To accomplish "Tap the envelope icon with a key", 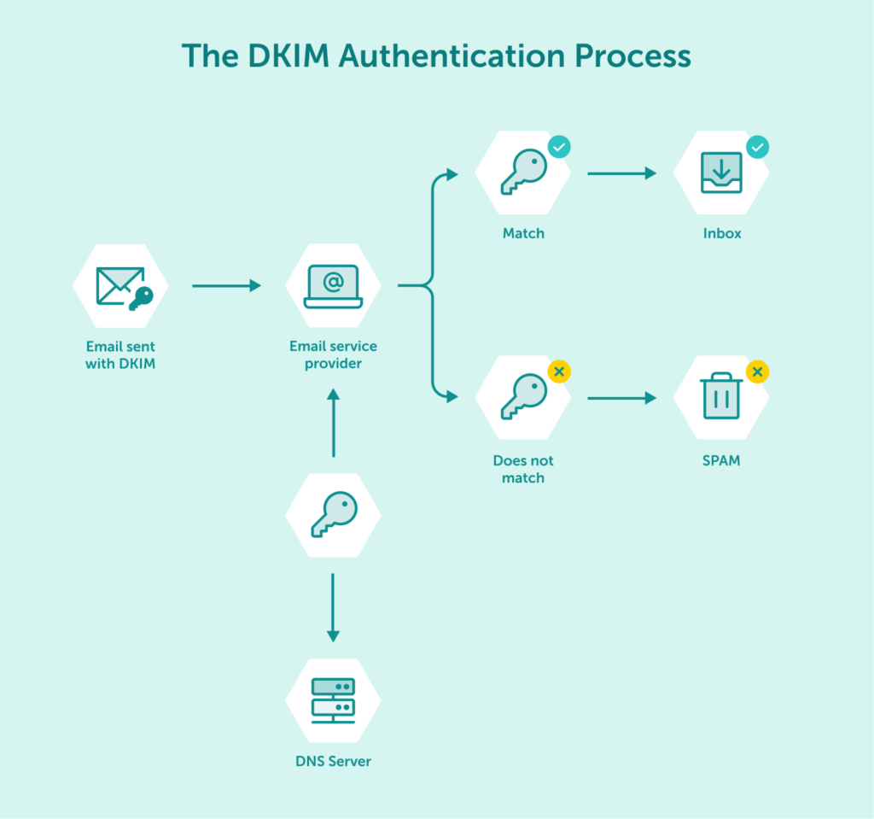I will point(120,286).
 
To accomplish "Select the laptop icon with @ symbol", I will point(333,286).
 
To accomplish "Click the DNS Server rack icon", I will point(333,699).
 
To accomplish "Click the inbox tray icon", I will point(721,172).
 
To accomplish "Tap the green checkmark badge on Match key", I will point(559,147).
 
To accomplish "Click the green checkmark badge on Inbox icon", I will point(757,147).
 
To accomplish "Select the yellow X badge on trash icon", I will point(757,371).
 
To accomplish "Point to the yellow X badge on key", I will point(559,371).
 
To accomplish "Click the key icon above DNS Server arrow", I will point(333,515).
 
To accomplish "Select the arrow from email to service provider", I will point(226,286).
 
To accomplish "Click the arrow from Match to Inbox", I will point(621,173).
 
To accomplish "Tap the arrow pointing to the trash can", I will point(621,398).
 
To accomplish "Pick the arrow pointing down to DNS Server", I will point(333,607).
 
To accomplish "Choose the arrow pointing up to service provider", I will point(333,423).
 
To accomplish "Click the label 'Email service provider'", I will point(333,354).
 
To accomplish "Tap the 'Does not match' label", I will point(523,469).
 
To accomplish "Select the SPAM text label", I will point(721,460).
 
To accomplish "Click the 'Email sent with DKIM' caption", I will point(120,355).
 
